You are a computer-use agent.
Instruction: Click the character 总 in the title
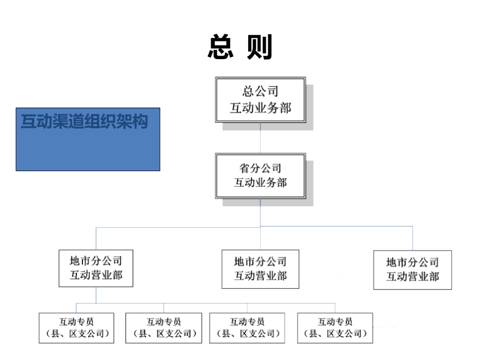(220, 47)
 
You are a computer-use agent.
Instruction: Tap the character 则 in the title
(260, 47)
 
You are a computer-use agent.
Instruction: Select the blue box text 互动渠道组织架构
(84, 122)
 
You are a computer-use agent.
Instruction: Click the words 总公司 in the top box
(260, 91)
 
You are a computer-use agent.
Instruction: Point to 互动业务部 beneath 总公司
(260, 108)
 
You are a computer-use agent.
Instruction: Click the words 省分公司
(260, 168)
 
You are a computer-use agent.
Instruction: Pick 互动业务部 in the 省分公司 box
(260, 182)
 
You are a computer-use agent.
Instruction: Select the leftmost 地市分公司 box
(96, 268)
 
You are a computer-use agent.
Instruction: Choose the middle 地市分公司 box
(260, 269)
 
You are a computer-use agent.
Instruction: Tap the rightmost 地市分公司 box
(412, 270)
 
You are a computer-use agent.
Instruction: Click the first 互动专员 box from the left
(77, 328)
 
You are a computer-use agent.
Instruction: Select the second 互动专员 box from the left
(163, 328)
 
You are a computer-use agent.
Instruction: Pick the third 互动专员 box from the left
(247, 328)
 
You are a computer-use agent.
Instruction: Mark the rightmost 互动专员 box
(335, 328)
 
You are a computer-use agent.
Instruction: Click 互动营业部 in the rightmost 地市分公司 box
(412, 277)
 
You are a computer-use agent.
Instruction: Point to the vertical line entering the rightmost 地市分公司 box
(412, 238)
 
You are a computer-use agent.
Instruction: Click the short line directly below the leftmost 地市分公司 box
(96, 295)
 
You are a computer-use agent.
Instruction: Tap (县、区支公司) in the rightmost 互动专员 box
(335, 334)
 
